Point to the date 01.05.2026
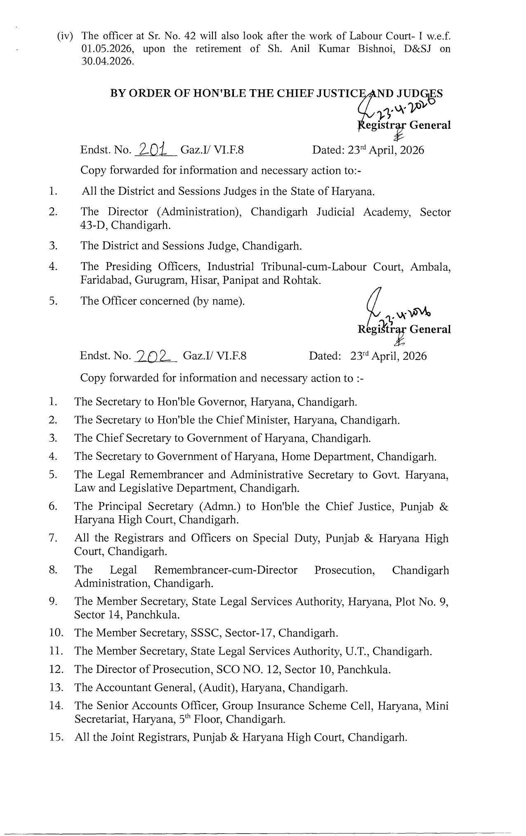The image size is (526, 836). point(108,49)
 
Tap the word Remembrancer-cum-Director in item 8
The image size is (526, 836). point(226,570)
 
